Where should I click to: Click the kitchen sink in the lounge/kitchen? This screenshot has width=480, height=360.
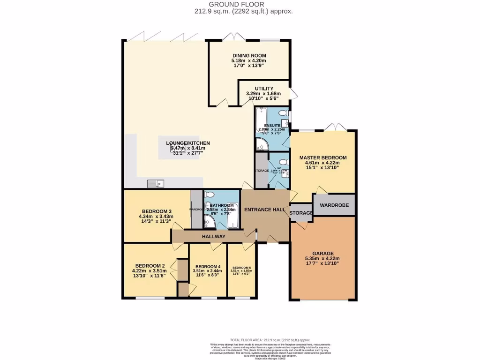tap(155, 183)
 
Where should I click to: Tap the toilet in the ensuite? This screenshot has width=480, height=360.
tap(283, 113)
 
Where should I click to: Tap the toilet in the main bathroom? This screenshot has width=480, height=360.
tap(210, 195)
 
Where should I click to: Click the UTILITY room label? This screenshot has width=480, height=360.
tap(264, 88)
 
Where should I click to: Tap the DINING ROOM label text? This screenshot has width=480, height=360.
tap(249, 55)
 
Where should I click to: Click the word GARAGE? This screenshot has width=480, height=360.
tap(323, 253)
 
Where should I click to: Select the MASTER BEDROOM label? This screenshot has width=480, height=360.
tap(323, 157)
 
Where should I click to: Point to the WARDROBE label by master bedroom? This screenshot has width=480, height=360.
tap(334, 204)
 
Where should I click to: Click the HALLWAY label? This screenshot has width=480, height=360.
tap(214, 237)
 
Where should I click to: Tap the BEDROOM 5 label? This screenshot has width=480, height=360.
tap(241, 267)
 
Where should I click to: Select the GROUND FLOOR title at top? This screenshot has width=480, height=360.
tap(240, 4)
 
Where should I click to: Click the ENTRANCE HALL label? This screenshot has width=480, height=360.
tap(265, 210)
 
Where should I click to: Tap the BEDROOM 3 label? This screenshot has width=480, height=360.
tap(156, 211)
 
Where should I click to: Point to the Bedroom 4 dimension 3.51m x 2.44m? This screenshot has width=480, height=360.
tap(207, 270)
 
